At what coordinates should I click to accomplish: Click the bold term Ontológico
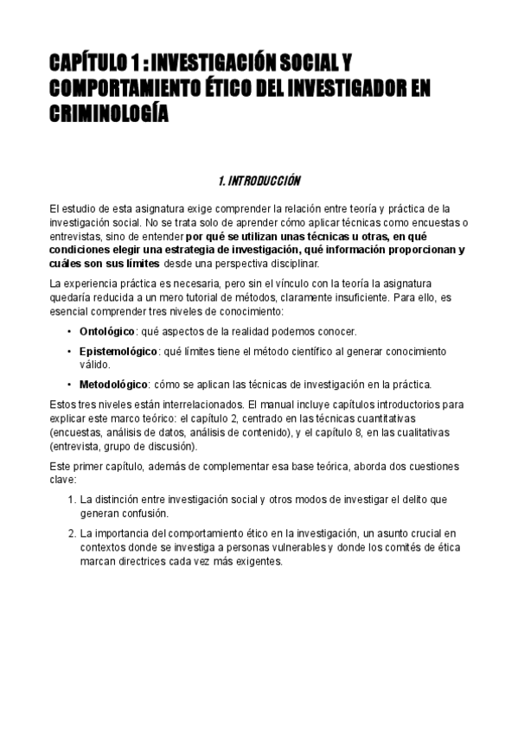[106, 331]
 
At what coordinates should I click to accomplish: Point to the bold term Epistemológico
[118, 352]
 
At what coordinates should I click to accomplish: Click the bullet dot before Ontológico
[69, 331]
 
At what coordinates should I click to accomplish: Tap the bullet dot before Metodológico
[69, 384]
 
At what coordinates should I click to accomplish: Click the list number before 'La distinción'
[71, 500]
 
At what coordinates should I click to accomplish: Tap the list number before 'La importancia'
[71, 533]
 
